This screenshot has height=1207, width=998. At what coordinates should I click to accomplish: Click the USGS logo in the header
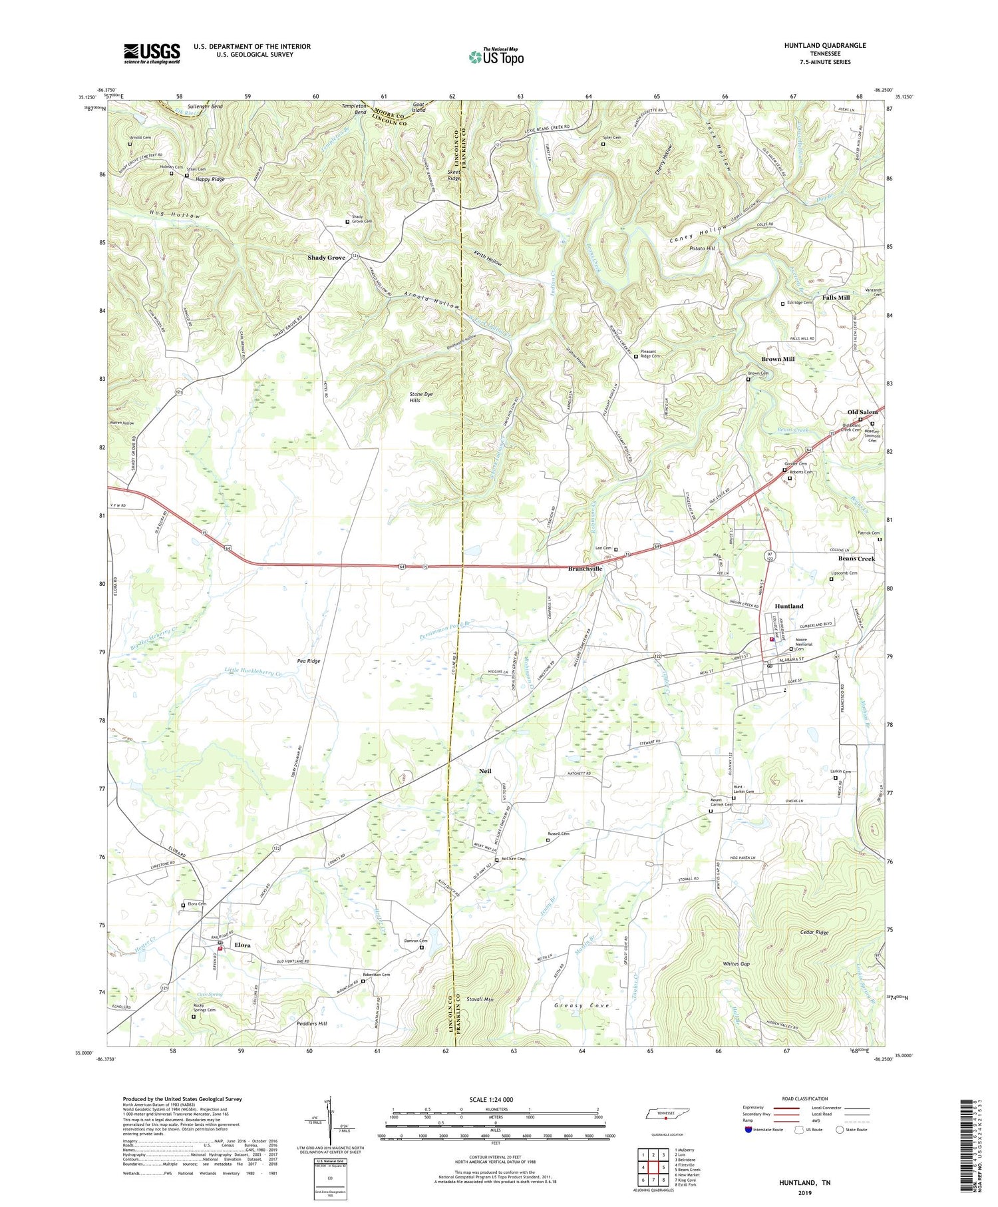pyautogui.click(x=152, y=53)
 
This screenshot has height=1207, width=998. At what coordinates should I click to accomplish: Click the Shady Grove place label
pyautogui.click(x=326, y=258)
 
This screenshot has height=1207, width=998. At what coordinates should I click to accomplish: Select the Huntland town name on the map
pyautogui.click(x=788, y=606)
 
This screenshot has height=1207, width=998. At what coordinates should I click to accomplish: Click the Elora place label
pyautogui.click(x=242, y=945)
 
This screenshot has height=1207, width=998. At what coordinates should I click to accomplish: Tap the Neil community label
pyautogui.click(x=486, y=770)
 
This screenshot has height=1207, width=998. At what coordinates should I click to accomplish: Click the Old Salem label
pyautogui.click(x=862, y=412)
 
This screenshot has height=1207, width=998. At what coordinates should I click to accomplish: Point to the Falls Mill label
pyautogui.click(x=836, y=298)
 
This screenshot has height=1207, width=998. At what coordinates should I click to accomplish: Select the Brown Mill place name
pyautogui.click(x=778, y=360)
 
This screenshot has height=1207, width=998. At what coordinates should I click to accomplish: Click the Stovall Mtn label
pyautogui.click(x=482, y=999)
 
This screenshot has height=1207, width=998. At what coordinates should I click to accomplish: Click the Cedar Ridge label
pyautogui.click(x=814, y=933)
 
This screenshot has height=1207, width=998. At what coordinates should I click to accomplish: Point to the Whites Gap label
pyautogui.click(x=737, y=964)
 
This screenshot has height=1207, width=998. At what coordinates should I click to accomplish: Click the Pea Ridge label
pyautogui.click(x=308, y=661)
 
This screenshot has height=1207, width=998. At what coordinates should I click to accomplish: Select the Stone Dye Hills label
pyautogui.click(x=420, y=397)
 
